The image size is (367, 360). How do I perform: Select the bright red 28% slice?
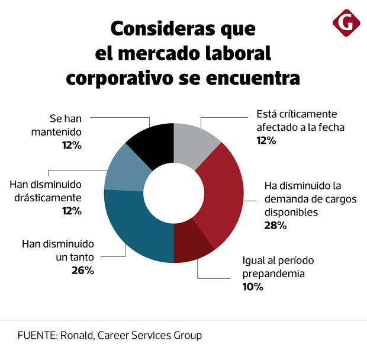tap(222, 189)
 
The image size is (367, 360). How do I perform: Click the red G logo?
tap(346, 22)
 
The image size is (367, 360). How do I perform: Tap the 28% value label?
tap(276, 225)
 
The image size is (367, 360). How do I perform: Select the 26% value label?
tap(82, 271)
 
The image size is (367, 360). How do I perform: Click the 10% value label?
tap(252, 287)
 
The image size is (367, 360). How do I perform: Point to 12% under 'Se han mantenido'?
tap(73, 144)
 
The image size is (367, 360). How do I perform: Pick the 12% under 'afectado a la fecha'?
tap(266, 140)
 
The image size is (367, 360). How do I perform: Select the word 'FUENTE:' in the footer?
tap(37, 336)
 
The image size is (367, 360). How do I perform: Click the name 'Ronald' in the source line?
tap(76, 336)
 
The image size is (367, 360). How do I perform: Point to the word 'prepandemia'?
tap(274, 274)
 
